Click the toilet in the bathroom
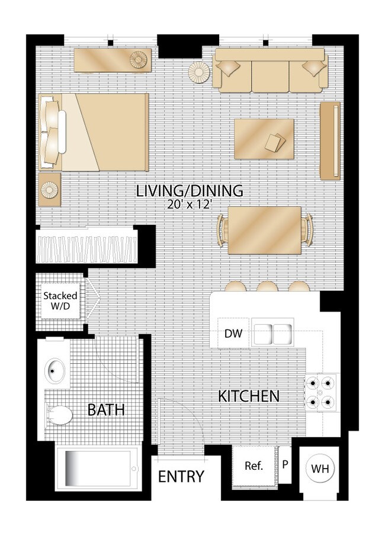pos(59,415)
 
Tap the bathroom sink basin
pos(55,370)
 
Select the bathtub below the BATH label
pos(98,469)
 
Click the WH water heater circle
pos(320,469)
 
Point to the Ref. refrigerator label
pos(254,466)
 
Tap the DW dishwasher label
pos(233,334)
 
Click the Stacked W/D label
pos(60,300)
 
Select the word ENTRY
pos(181,476)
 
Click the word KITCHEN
pos(249,396)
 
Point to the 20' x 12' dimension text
pos(190,204)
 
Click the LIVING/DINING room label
pos(190,191)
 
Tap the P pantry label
pos(285,464)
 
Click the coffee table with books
pos(264,139)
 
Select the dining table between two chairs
pos(264,230)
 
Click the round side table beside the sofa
pos(199,73)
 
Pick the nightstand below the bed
pos(49,190)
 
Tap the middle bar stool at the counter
pos(267,286)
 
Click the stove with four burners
pos(320,393)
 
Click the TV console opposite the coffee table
pos(330,140)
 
